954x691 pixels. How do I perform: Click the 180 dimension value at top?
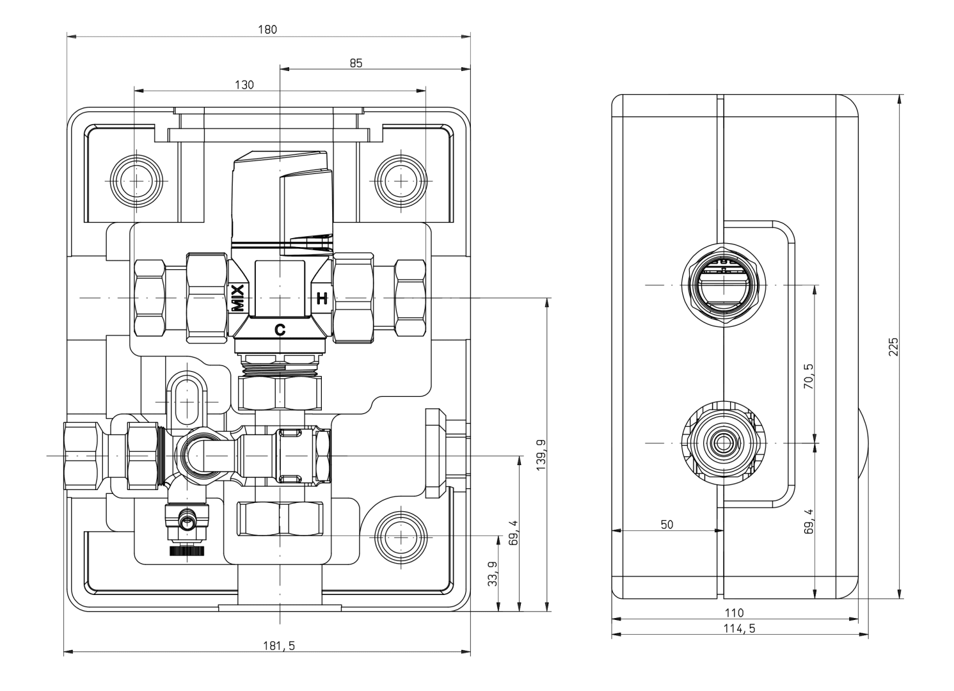267,29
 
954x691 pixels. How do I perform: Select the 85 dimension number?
356,63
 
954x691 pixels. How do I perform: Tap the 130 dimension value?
244,84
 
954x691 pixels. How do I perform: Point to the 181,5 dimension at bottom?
279,646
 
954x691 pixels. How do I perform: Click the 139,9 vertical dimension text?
541,455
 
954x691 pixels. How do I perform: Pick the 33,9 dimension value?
493,574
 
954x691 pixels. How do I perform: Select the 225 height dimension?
893,347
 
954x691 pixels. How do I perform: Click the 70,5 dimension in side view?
808,376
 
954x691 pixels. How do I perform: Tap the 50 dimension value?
667,525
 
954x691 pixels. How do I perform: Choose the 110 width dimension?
735,613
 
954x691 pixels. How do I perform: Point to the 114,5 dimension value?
740,628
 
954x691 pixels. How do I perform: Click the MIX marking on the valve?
237,298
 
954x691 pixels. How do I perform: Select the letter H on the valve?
322,299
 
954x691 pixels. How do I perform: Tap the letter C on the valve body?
280,330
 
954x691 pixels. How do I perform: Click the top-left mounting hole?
136,181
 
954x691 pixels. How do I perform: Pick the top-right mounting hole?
401,181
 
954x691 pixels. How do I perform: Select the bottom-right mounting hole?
401,537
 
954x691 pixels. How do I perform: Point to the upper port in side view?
724,285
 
